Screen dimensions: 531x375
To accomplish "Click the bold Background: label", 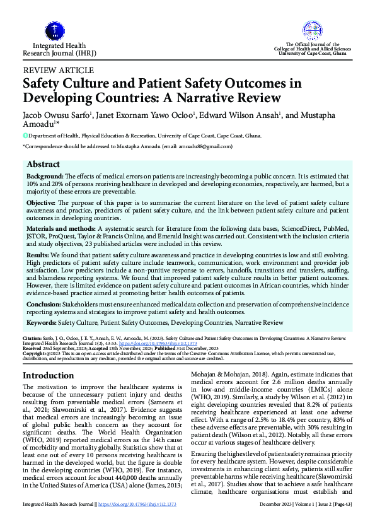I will (45, 177).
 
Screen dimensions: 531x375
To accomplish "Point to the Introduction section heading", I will (49, 375).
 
